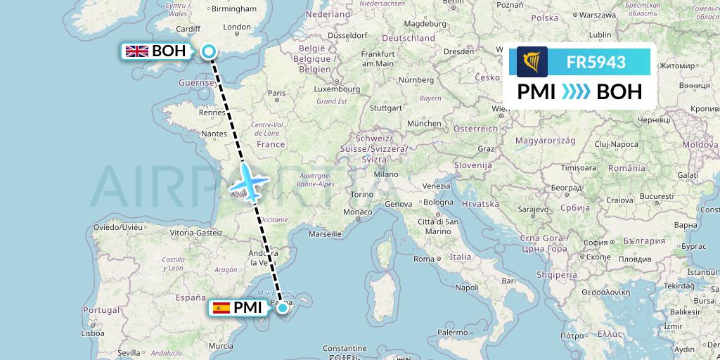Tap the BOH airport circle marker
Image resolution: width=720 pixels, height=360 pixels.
coord(208,51)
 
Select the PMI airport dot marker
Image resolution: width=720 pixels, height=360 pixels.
coord(282,307)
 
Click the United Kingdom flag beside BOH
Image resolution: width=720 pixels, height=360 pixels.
coord(136,51)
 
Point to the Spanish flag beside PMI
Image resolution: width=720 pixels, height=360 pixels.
coord(221,307)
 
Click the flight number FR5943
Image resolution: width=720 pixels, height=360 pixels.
coord(596,62)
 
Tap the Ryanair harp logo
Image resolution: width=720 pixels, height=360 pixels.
coord(532,62)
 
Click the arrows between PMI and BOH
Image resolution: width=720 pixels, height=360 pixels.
coord(577,92)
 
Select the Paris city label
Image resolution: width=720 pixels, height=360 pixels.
coord(276,93)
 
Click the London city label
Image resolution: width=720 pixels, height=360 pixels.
coord(236,27)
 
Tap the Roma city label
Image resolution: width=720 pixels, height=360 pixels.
coord(424,259)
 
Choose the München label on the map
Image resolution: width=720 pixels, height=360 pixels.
coord(423,123)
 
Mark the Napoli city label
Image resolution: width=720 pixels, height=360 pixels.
coord(467,288)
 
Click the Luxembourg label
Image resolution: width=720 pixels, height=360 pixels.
coord(336,89)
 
